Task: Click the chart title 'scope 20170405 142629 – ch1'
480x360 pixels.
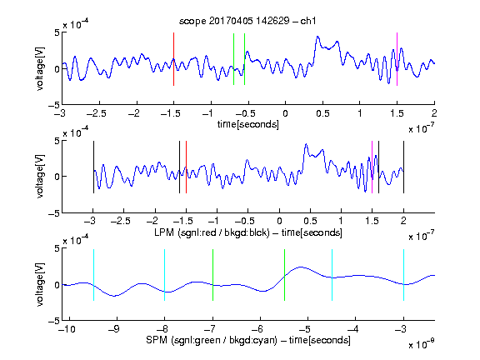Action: (247, 21)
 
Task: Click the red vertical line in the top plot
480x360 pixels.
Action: (173, 59)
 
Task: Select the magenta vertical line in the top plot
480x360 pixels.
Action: (397, 59)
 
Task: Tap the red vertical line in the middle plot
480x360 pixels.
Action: (186, 167)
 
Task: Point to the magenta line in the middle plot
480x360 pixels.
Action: (372, 167)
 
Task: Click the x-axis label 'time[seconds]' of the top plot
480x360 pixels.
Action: (248, 124)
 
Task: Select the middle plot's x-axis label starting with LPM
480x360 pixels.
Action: (248, 232)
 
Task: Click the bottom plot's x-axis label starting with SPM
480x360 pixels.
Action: (248, 340)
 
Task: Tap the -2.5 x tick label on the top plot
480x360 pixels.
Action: (96, 113)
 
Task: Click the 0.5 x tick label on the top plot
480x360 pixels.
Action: (322, 113)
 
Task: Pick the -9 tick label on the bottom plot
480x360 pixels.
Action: (114, 329)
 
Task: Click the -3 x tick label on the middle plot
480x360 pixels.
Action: (91, 221)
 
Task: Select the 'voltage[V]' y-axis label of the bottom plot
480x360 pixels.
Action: (40, 284)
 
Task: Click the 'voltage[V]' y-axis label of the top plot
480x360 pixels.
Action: (40, 68)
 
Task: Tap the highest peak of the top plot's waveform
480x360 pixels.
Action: (317, 37)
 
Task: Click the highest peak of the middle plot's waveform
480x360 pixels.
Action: (306, 144)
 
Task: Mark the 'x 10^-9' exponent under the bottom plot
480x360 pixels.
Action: (421, 344)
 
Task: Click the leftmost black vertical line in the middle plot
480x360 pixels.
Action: (93, 167)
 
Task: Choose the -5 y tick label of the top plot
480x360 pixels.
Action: (54, 105)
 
